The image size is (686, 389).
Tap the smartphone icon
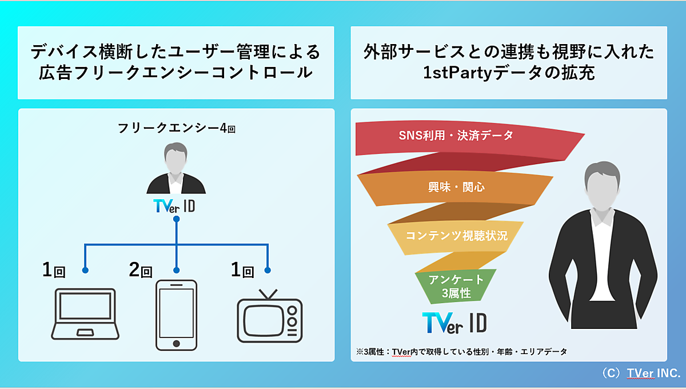click(176, 315)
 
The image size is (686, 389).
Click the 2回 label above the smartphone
click(141, 270)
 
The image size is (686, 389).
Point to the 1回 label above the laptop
click(54, 270)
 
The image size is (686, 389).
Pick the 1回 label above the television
click(242, 270)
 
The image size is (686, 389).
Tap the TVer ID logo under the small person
click(174, 207)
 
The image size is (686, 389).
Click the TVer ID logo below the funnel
click(454, 323)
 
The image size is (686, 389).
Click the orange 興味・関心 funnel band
click(452, 187)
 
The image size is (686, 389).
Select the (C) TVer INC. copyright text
click(640, 373)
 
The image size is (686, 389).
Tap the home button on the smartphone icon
click(176, 343)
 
